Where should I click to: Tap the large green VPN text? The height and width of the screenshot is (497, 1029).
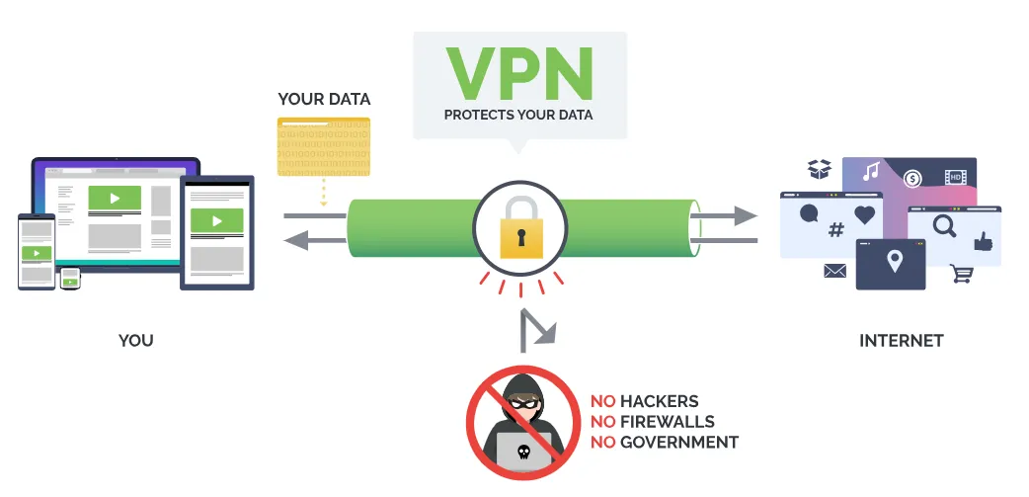click(x=518, y=70)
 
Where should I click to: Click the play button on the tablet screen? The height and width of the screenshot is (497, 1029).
click(x=217, y=220)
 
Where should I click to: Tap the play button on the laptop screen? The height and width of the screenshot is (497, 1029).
click(x=115, y=198)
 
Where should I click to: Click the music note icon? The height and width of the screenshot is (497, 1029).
click(x=870, y=172)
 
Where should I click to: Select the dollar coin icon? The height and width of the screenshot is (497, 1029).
click(x=911, y=179)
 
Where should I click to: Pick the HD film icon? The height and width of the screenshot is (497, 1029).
click(x=954, y=178)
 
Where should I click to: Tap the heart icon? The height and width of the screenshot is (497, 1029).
click(x=865, y=213)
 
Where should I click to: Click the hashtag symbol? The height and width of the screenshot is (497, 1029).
click(x=835, y=231)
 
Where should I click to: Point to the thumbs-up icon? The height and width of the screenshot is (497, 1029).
click(x=982, y=241)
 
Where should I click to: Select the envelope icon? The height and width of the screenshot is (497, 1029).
click(x=835, y=271)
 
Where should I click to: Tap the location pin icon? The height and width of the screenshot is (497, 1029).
click(x=895, y=263)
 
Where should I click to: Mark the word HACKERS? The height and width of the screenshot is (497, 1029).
click(x=659, y=401)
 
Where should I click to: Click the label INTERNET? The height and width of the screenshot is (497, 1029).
click(x=901, y=341)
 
